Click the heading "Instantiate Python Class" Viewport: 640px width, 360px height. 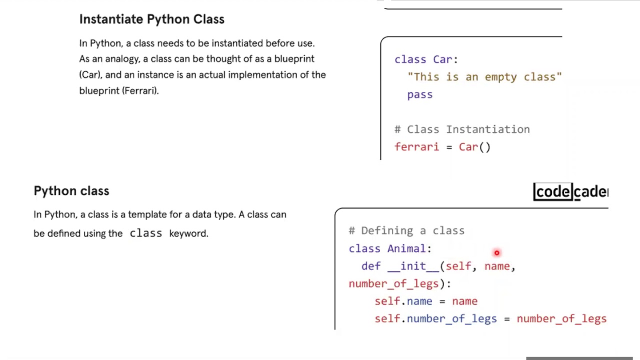(151, 19)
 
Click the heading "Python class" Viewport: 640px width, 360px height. (71, 191)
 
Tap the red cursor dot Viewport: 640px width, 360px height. (496, 253)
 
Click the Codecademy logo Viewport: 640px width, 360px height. (570, 191)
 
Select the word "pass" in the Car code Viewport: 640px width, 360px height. (419, 94)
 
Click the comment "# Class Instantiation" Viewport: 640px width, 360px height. (462, 129)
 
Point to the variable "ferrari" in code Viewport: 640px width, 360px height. (416, 147)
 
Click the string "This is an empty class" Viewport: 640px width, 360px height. (484, 77)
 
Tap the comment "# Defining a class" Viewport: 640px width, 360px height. (406, 230)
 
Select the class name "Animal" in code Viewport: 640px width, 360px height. (406, 248)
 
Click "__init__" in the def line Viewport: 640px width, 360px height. (413, 266)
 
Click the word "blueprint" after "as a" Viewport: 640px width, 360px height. (294, 59)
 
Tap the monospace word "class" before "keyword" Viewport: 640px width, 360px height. (146, 233)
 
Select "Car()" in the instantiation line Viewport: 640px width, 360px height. (474, 147)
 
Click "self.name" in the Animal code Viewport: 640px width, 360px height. (403, 301)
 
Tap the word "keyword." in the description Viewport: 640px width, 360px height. (188, 233)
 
